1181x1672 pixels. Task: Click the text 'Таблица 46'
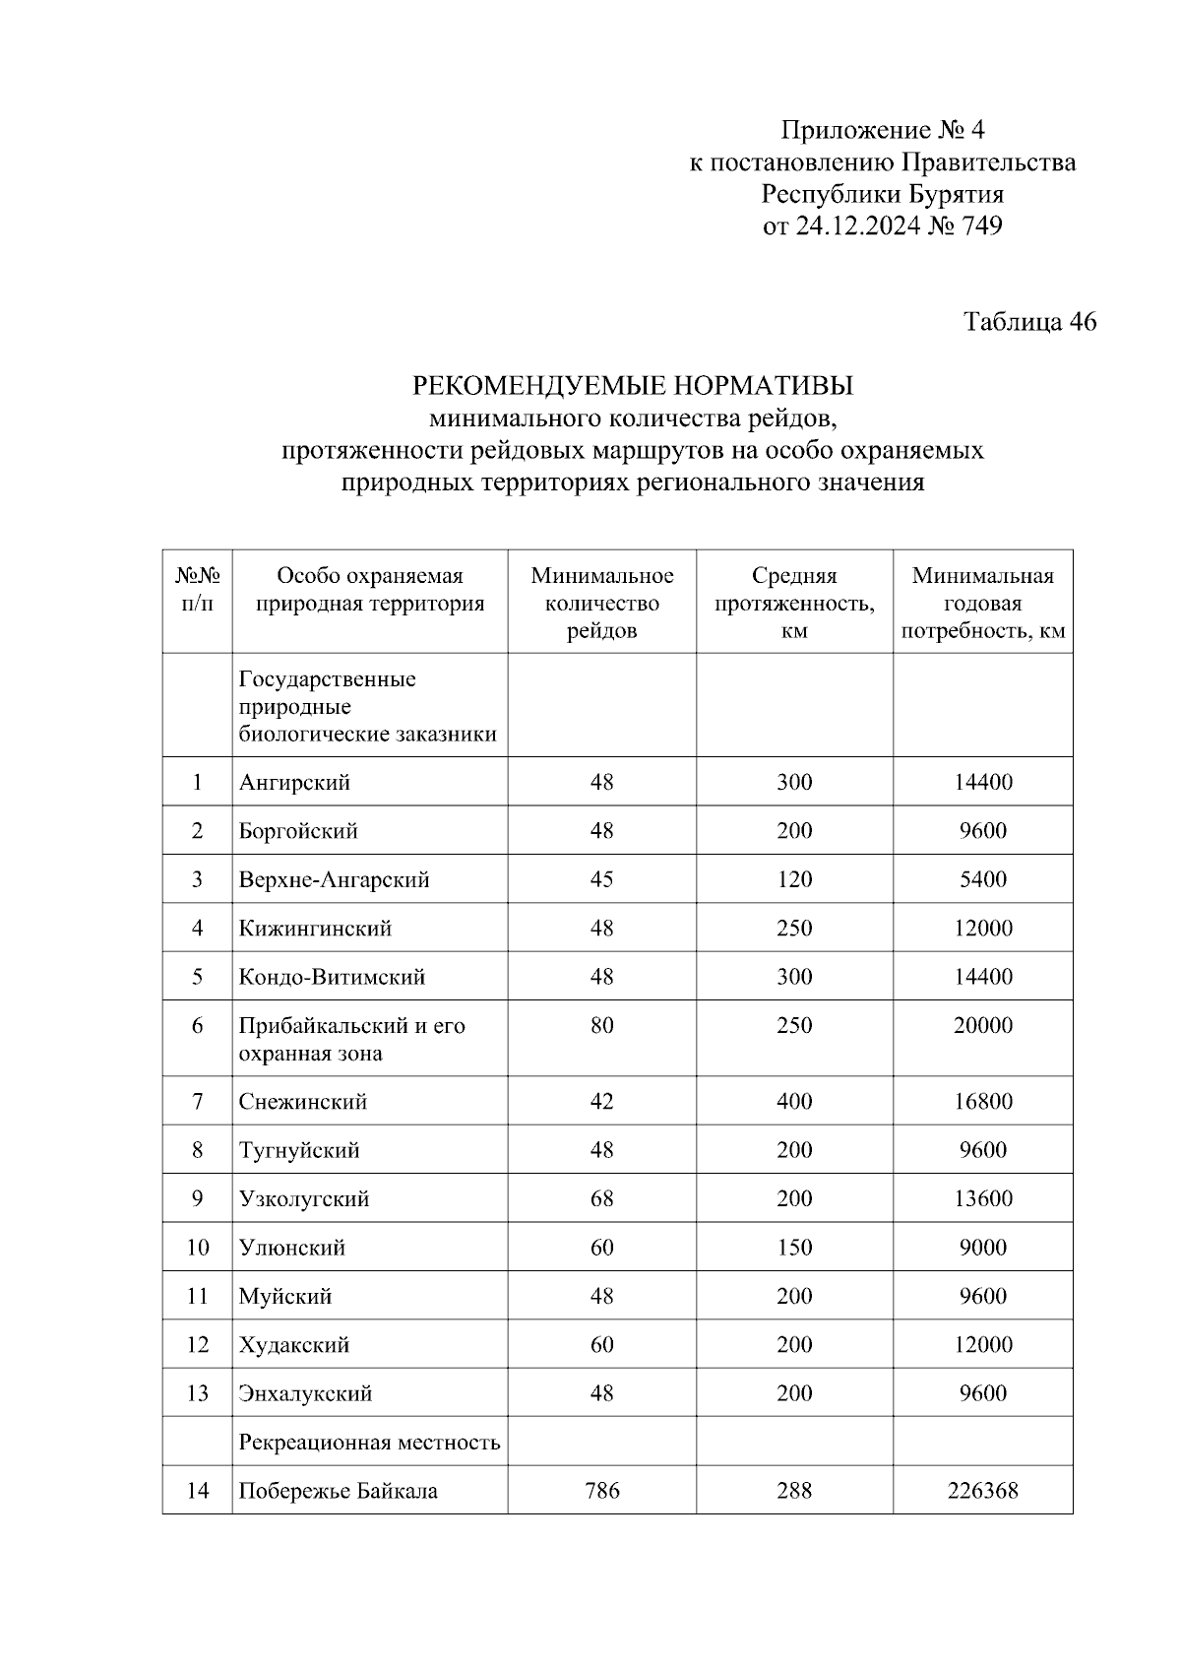[x=1029, y=322]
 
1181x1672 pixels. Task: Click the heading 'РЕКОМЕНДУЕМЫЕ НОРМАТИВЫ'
[x=632, y=385]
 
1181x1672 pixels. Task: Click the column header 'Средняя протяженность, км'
[x=793, y=603]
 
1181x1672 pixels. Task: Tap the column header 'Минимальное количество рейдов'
[x=601, y=603]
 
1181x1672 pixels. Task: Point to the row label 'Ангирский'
[x=294, y=783]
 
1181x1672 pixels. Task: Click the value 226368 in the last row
[x=982, y=1491]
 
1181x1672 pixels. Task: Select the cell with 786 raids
[x=601, y=1491]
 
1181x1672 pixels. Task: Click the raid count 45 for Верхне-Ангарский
[x=601, y=879]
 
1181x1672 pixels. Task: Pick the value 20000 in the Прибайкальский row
[x=982, y=1026]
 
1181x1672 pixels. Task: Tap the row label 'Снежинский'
[x=302, y=1102]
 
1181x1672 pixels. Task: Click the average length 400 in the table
[x=793, y=1102]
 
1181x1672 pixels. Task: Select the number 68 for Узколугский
[x=601, y=1199]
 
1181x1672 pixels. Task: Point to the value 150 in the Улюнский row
[x=793, y=1248]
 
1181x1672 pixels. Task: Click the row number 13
[x=197, y=1393]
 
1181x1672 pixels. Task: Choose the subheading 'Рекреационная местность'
[x=369, y=1443]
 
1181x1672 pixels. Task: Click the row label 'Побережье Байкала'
[x=338, y=1491]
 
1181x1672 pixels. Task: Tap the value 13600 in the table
[x=982, y=1199]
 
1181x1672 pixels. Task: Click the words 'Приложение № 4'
[x=882, y=130]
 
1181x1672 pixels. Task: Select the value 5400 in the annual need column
[x=982, y=879]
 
